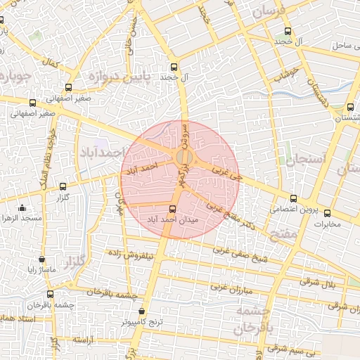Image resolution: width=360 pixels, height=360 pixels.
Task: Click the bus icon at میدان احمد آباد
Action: [173, 209]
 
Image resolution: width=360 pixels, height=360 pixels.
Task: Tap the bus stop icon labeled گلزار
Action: [64, 187]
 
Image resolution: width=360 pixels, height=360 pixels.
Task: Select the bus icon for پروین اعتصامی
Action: [293, 199]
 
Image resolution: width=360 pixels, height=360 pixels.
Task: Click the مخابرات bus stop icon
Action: [327, 213]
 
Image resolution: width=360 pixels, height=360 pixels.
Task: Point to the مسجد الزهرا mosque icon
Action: [22, 207]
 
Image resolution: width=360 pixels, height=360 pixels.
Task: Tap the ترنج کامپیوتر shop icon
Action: [142, 311]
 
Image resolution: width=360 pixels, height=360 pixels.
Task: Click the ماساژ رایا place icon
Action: [43, 259]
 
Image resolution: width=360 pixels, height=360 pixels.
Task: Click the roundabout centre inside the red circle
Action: [184, 157]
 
